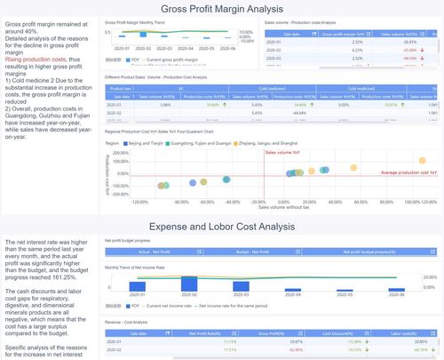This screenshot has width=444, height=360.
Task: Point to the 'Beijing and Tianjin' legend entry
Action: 144,141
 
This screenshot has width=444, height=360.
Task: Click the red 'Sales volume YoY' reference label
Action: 284,152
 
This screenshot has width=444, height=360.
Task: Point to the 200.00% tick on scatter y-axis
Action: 112,156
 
